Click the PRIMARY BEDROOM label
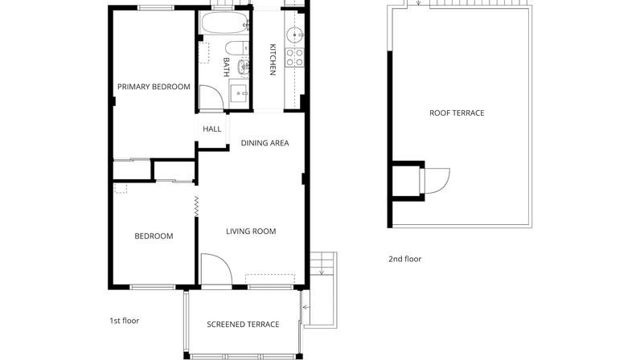pyautogui.click(x=154, y=87)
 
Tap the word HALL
pyautogui.click(x=211, y=129)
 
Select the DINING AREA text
pyautogui.click(x=265, y=143)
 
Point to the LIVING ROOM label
pyautogui.click(x=251, y=231)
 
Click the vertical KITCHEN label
pyautogui.click(x=273, y=59)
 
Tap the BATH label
pyautogui.click(x=226, y=67)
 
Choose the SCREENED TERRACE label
pyautogui.click(x=243, y=324)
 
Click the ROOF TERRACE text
pyautogui.click(x=457, y=112)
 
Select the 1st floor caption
pyautogui.click(x=125, y=321)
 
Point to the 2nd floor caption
pyautogui.click(x=405, y=259)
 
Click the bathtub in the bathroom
pyautogui.click(x=224, y=23)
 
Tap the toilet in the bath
pyautogui.click(x=236, y=48)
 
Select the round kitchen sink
pyautogui.click(x=294, y=35)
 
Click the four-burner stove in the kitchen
pyautogui.click(x=295, y=57)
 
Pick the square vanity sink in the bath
pyautogui.click(x=239, y=94)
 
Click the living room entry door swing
pyautogui.click(x=224, y=261)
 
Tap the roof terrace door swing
pyautogui.click(x=445, y=184)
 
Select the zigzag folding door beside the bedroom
pyautogui.click(x=196, y=207)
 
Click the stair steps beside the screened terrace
pyautogui.click(x=323, y=264)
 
